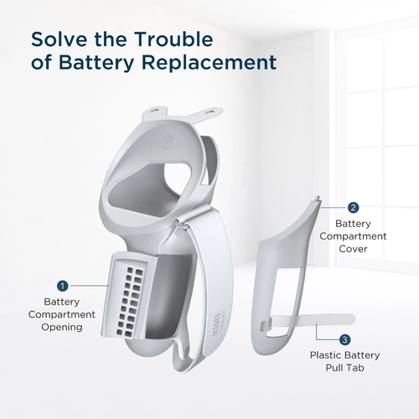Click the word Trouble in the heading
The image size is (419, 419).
click(x=174, y=39)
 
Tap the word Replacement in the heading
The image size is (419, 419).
click(x=209, y=62)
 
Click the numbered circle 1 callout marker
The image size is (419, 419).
click(x=62, y=286)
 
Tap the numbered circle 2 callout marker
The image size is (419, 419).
click(x=353, y=208)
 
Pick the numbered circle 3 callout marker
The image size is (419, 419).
click(x=344, y=339)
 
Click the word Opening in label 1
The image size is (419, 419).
click(x=62, y=327)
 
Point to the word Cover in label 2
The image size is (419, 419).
click(x=353, y=249)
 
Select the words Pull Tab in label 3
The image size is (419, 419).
click(x=345, y=368)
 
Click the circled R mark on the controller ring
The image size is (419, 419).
click(x=167, y=143)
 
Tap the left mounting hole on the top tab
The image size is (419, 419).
click(x=153, y=111)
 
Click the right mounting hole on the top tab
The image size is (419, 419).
click(x=210, y=112)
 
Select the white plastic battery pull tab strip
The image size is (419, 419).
click(x=308, y=320)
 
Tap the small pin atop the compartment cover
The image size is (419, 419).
click(x=318, y=198)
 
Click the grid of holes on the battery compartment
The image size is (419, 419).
click(x=130, y=302)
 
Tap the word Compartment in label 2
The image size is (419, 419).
click(x=353, y=236)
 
